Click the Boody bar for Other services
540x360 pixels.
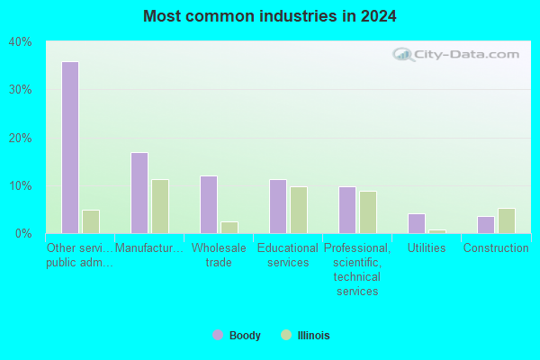pyautogui.click(x=70, y=148)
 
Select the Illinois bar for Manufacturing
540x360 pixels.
pyautogui.click(x=160, y=207)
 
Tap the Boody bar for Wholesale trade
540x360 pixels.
pyautogui.click(x=209, y=205)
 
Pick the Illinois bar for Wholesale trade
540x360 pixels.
pyautogui.click(x=229, y=228)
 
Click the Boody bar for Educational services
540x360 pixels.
pyautogui.click(x=278, y=207)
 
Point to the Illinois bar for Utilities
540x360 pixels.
pyautogui.click(x=437, y=232)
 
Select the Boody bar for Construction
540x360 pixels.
pyautogui.click(x=486, y=225)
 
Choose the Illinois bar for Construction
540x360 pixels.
pyautogui.click(x=507, y=220)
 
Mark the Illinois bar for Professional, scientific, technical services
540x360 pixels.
pyautogui.click(x=368, y=212)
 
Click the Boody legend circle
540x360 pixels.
pyautogui.click(x=218, y=335)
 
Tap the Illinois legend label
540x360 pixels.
pyautogui.click(x=313, y=335)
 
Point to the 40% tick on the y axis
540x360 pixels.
pyautogui.click(x=20, y=42)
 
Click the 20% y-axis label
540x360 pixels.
pyautogui.click(x=20, y=138)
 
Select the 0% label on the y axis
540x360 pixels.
pyautogui.click(x=23, y=234)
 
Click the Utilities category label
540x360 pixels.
pyautogui.click(x=427, y=247)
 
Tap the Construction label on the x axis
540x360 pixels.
pyautogui.click(x=496, y=247)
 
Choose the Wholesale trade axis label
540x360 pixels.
pyautogui.click(x=219, y=255)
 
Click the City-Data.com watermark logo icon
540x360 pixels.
pyautogui.click(x=403, y=54)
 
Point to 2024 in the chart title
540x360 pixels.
pyautogui.click(x=379, y=16)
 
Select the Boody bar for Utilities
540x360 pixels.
pyautogui.click(x=417, y=224)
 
